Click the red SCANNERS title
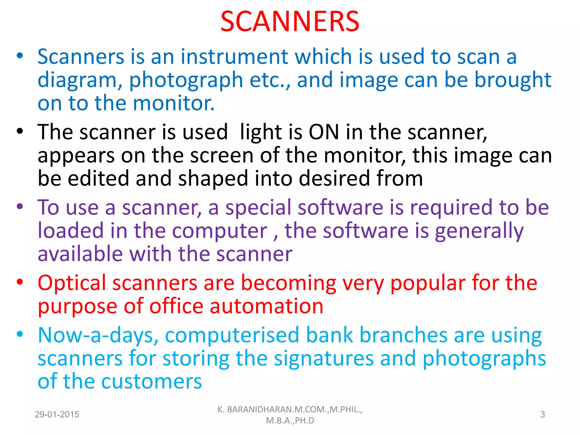click(x=290, y=22)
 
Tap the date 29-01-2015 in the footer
click(x=57, y=415)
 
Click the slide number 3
click(x=543, y=415)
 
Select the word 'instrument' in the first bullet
click(x=234, y=57)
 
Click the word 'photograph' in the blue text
click(x=186, y=80)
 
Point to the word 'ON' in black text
click(x=324, y=132)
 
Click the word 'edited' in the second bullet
click(x=98, y=178)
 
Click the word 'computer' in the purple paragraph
click(x=220, y=231)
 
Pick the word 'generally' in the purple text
click(x=479, y=231)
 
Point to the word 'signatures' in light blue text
click(x=324, y=358)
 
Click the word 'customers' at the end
click(x=152, y=381)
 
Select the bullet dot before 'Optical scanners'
click(x=20, y=282)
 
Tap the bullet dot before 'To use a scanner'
click(x=20, y=206)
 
